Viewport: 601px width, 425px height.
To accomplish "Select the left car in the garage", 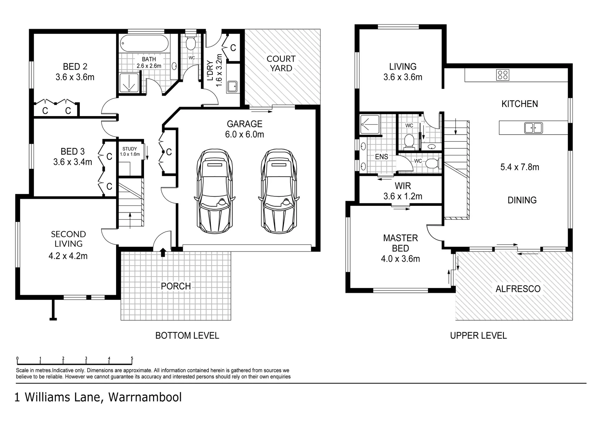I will (214, 192).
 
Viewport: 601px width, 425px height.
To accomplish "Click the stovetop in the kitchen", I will (502, 75).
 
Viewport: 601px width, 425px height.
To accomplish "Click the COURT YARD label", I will (281, 63).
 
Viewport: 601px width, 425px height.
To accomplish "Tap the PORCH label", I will (176, 286).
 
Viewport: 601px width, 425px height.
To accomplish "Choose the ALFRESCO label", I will (518, 289).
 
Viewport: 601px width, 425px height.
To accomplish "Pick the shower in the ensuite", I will (370, 124).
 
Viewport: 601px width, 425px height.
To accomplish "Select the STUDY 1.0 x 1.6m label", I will (130, 152).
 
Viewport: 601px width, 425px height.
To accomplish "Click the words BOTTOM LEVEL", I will (187, 336).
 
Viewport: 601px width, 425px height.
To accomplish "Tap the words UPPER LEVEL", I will (478, 336).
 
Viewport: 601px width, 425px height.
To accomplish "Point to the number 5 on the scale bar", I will (132, 358).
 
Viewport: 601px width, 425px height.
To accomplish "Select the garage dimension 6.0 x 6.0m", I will (244, 135).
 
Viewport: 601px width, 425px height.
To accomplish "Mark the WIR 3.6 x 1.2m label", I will (403, 191).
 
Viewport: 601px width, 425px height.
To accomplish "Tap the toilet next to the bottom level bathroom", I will (190, 43).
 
